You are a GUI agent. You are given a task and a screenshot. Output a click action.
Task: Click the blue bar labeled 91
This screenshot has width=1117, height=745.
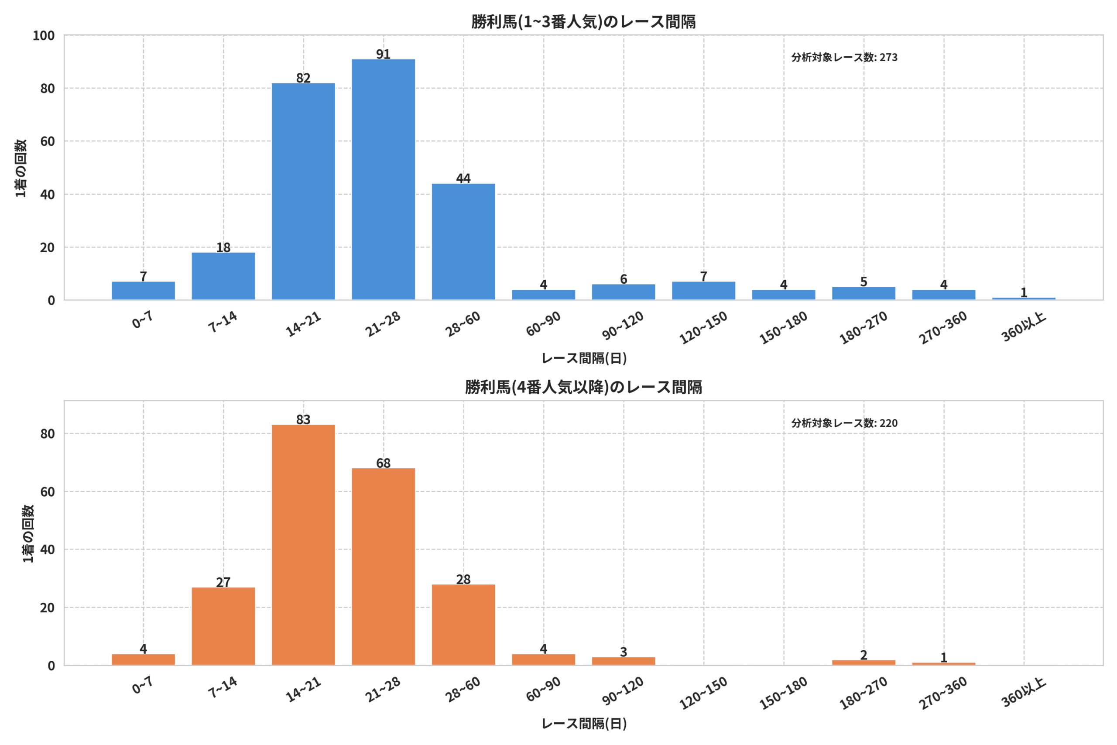383,180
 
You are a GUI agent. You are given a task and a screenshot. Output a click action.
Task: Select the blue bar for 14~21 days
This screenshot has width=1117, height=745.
304,192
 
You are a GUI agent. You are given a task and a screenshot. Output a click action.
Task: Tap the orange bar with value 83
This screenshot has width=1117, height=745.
304,545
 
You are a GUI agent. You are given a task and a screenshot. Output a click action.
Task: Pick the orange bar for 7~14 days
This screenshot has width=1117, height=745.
223,626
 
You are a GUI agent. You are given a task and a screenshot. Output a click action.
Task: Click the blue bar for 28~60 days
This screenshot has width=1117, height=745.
463,242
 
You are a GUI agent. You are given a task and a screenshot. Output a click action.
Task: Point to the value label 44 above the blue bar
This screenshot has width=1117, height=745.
463,178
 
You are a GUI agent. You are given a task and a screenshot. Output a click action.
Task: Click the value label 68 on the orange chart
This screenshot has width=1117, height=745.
383,463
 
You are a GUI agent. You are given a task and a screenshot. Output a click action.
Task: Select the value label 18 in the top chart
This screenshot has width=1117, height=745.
223,247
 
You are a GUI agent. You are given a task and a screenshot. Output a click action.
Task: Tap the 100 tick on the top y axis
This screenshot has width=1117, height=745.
44,36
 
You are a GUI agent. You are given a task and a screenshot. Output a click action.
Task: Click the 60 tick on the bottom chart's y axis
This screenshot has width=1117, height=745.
48,492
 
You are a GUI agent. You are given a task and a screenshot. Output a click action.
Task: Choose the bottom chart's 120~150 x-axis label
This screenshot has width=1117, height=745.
703,693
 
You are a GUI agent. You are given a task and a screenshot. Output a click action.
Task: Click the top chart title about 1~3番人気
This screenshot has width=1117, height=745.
583,22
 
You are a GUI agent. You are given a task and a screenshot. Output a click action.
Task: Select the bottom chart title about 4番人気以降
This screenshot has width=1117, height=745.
583,387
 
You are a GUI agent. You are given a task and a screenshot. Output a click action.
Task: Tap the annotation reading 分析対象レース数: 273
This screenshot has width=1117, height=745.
844,58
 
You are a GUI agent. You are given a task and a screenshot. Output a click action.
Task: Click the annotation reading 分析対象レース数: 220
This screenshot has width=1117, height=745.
844,423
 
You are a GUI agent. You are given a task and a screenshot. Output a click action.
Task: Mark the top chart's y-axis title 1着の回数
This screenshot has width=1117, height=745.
21,168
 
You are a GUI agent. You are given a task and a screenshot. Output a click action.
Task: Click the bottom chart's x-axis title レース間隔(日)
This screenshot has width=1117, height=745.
584,724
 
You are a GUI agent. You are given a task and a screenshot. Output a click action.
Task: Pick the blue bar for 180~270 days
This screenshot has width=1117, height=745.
863,294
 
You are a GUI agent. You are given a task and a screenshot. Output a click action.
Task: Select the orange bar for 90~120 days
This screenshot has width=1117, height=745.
624,661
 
